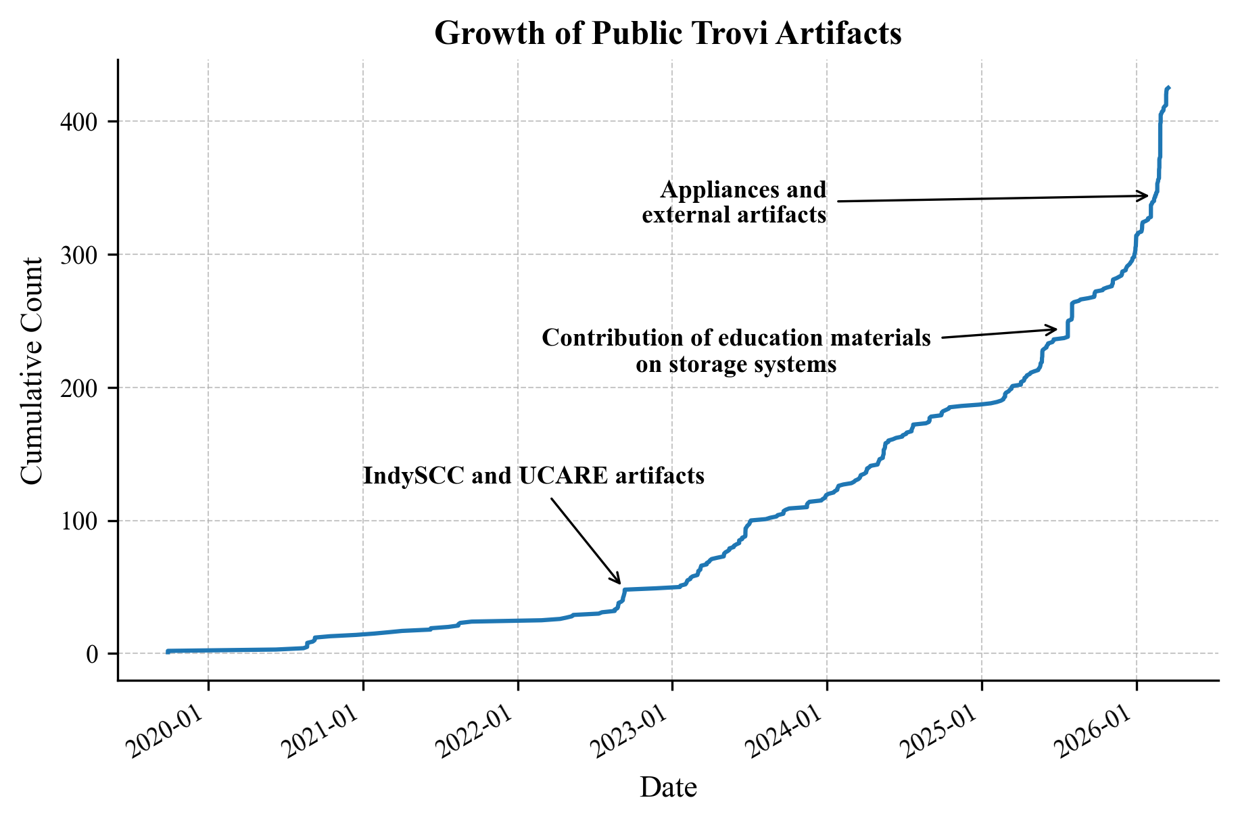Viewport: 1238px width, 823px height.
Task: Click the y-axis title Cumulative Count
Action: click(32, 371)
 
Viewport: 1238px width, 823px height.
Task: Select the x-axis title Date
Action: click(668, 787)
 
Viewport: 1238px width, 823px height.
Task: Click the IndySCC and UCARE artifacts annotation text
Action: click(533, 476)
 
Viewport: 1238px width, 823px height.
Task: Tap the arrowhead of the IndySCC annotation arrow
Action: click(619, 582)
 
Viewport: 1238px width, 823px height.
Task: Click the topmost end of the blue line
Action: click(1169, 88)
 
